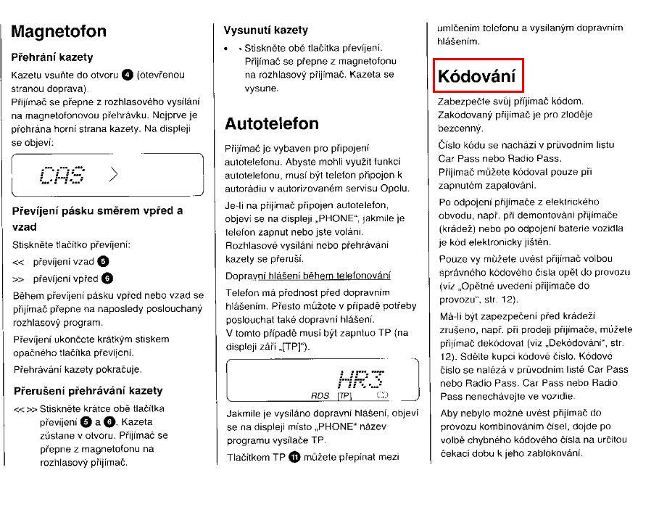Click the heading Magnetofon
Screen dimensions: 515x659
pyautogui.click(x=59, y=31)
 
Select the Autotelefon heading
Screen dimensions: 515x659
pyautogui.click(x=271, y=123)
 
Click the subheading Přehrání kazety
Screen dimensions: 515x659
pyautogui.click(x=52, y=57)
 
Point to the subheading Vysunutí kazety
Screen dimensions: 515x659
pyautogui.click(x=265, y=30)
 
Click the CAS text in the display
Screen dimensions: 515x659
pyautogui.click(x=62, y=175)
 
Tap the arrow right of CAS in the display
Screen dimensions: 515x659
pyautogui.click(x=113, y=174)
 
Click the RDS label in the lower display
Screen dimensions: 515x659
pyautogui.click(x=320, y=396)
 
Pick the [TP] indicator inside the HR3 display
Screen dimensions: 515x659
pyautogui.click(x=344, y=396)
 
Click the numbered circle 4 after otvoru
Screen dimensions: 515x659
pyautogui.click(x=128, y=74)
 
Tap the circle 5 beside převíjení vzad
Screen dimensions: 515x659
pyautogui.click(x=102, y=261)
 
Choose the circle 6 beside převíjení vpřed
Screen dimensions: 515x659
pyautogui.click(x=107, y=279)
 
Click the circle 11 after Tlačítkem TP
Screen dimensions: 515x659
pyautogui.click(x=294, y=457)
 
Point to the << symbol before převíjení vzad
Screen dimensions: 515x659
pyautogui.click(x=19, y=261)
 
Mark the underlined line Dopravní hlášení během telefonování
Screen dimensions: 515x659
pyautogui.click(x=308, y=275)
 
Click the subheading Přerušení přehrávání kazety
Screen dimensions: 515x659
pyautogui.click(x=88, y=391)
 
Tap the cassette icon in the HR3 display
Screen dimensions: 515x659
pyautogui.click(x=383, y=396)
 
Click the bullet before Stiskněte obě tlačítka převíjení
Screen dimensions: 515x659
pyautogui.click(x=228, y=48)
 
